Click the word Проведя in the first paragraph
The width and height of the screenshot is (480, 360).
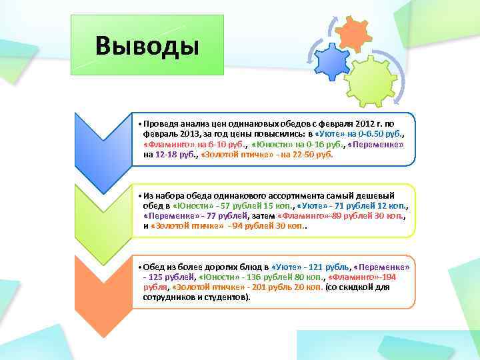(x=160, y=123)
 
